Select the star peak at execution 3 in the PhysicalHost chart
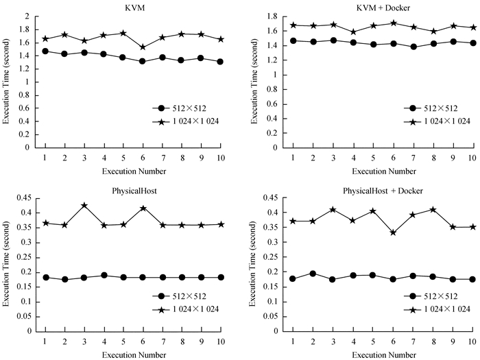(84, 205)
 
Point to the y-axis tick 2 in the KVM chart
(27, 16)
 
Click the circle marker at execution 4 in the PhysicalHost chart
(104, 276)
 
